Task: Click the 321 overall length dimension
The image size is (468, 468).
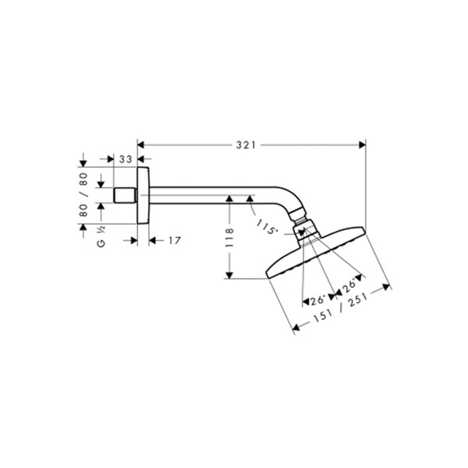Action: (246, 145)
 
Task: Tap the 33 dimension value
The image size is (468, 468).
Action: (126, 159)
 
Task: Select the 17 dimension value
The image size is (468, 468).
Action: (175, 240)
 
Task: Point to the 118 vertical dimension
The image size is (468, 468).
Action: (229, 238)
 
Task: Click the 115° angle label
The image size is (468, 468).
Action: (265, 227)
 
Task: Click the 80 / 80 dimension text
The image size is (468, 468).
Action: (83, 194)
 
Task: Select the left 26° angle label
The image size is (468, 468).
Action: (317, 300)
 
